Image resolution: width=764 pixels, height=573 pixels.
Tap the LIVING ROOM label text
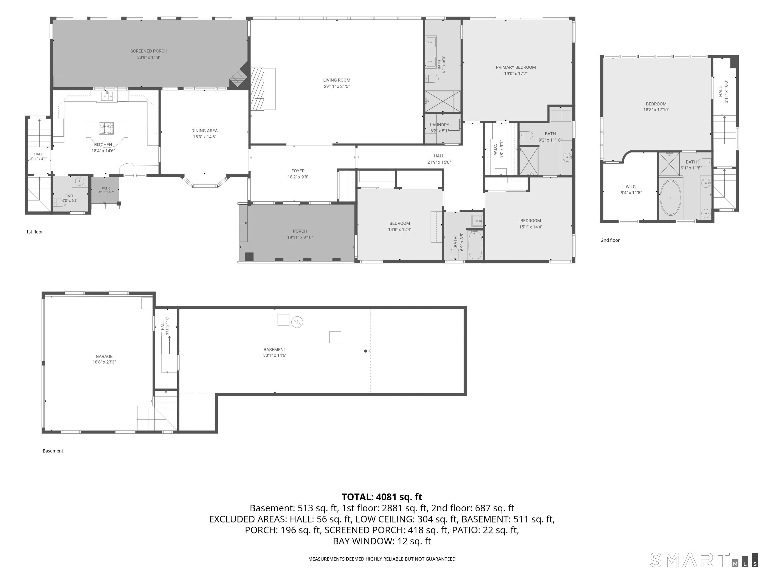337,80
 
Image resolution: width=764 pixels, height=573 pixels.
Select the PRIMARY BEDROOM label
516,67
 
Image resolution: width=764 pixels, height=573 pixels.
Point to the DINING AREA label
204,131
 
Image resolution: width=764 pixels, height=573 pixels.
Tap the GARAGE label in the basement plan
104,356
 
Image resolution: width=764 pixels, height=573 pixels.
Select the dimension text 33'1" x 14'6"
275,355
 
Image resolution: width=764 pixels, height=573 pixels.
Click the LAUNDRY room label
439,125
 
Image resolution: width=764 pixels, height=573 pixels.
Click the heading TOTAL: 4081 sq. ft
382,497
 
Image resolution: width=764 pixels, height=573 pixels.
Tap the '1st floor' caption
35,232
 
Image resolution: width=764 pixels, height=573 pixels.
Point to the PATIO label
106,189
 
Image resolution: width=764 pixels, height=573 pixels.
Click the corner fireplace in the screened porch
239,77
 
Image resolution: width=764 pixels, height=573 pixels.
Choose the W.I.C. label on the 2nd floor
631,187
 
